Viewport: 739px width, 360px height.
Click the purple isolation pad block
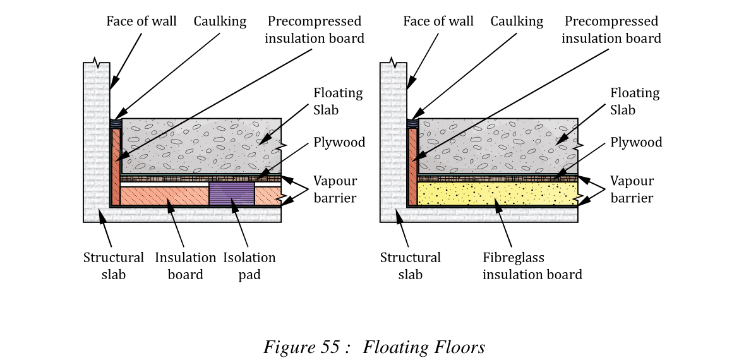pos(231,194)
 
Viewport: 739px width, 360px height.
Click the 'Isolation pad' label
pos(249,266)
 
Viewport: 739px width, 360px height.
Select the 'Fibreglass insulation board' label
pos(532,266)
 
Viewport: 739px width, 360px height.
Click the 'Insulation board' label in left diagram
pos(185,266)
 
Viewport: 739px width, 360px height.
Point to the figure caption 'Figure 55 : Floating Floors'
pos(374,347)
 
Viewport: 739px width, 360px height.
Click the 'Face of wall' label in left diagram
pos(141,21)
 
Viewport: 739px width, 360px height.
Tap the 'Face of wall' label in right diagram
pos(438,21)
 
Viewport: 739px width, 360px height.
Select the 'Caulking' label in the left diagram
pos(220,21)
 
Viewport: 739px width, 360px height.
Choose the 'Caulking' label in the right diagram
pos(517,21)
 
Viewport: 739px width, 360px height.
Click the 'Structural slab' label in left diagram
pos(114,266)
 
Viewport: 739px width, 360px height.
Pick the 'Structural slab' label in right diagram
pos(411,266)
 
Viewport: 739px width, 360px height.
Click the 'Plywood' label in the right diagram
pos(636,142)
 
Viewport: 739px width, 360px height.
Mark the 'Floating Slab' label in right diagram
pos(635,101)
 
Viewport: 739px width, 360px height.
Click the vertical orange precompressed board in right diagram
pos(412,167)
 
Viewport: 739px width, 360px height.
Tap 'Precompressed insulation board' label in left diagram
pos(314,30)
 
